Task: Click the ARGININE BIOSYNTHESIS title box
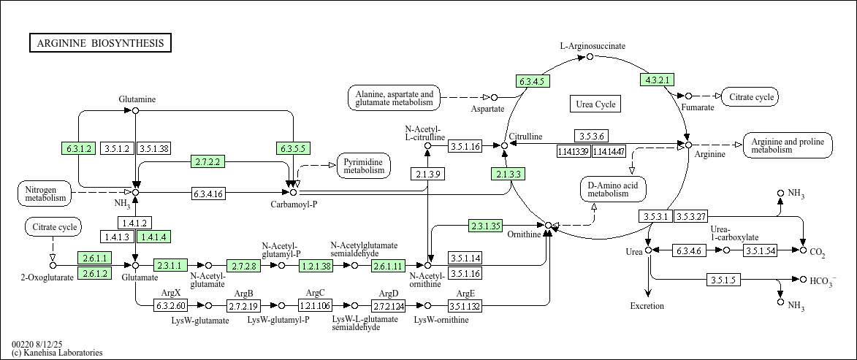coord(100,43)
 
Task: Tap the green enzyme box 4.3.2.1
coord(656,80)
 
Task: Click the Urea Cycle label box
coord(595,104)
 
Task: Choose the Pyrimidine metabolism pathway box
coord(364,166)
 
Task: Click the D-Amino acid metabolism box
coord(613,188)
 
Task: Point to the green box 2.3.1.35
coord(485,226)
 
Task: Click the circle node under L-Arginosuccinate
coord(590,56)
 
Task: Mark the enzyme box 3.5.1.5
coord(725,280)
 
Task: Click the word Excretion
coord(647,306)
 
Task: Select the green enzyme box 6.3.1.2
coord(79,148)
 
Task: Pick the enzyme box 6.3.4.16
coord(208,194)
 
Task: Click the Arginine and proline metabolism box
coord(788,145)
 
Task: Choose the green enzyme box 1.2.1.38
coord(316,266)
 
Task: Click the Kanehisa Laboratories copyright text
coord(57,353)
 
